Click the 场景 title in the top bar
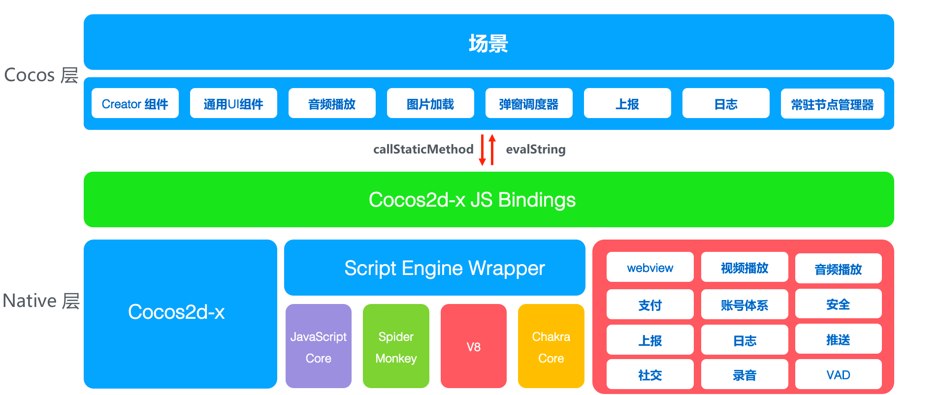[x=488, y=43]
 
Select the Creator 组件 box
[x=135, y=103]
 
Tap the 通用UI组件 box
[x=233, y=103]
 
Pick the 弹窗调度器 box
[x=529, y=103]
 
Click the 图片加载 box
[x=430, y=103]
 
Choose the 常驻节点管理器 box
[x=832, y=104]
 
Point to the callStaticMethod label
[x=423, y=149]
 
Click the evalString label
[x=536, y=149]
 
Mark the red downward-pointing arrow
[x=483, y=151]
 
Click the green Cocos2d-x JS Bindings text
[x=472, y=200]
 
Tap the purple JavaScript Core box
[x=319, y=347]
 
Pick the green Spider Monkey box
[x=396, y=347]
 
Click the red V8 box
[x=473, y=347]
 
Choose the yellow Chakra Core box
[x=551, y=347]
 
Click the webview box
[x=650, y=268]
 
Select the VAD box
[x=838, y=375]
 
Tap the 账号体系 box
[x=744, y=305]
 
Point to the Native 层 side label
[x=41, y=301]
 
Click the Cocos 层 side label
[x=41, y=75]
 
